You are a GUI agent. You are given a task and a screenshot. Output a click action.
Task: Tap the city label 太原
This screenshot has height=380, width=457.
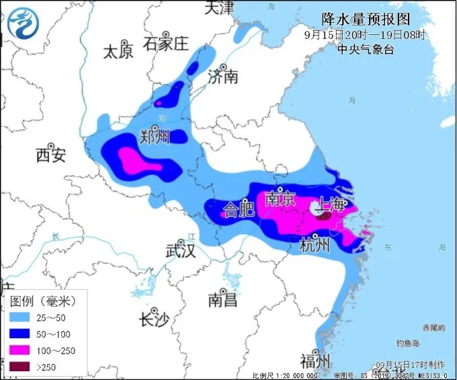[118, 51]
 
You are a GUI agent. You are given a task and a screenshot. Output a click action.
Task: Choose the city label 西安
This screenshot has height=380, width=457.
[50, 156]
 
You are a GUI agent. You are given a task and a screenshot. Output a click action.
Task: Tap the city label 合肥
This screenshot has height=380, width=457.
[239, 209]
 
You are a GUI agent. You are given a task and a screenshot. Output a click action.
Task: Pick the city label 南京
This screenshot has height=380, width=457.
[280, 199]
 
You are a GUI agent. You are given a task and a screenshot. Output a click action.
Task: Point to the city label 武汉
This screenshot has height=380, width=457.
[180, 252]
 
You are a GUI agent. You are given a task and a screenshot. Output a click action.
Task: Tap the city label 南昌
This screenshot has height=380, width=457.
[222, 300]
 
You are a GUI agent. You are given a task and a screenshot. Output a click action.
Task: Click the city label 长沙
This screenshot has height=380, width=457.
[153, 319]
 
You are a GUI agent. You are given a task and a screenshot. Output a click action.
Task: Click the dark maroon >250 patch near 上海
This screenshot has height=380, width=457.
[324, 217]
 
